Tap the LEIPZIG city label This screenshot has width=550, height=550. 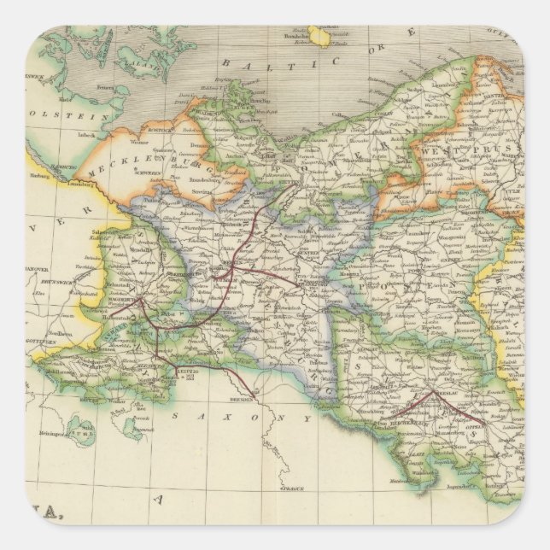(x=188, y=372)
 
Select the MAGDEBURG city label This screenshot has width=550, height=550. (x=127, y=298)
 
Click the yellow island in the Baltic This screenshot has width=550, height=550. (x=320, y=36)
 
